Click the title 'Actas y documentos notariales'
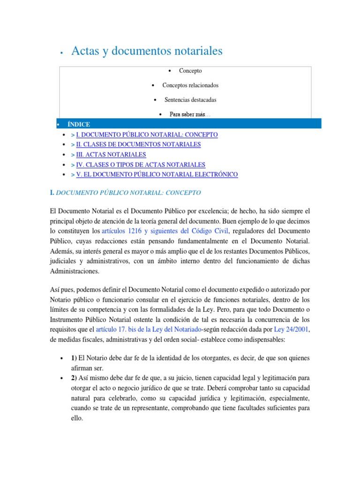146,51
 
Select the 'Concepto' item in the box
190,71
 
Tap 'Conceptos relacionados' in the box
190,85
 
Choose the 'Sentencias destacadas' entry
190,100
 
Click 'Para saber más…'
190,114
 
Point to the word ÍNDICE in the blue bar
79,124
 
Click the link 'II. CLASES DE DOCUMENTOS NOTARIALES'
138,144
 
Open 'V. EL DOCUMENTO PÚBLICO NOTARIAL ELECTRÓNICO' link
157,174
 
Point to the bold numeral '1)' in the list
74,359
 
